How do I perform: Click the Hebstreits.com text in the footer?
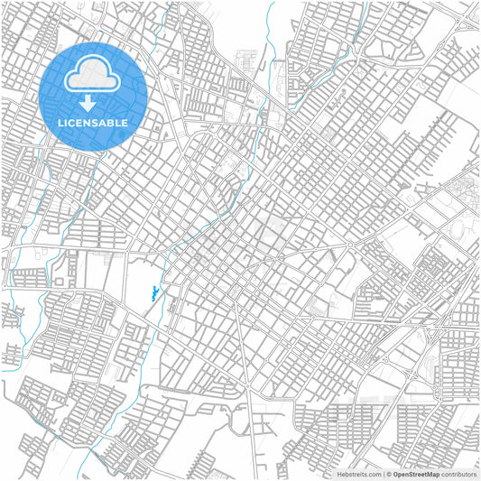358,474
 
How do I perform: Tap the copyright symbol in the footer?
390,474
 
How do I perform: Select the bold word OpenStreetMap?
416,474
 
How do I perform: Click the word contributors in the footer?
459,474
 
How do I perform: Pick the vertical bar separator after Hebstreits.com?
383,474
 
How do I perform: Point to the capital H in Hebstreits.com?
339,474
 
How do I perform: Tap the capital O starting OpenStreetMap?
396,474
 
